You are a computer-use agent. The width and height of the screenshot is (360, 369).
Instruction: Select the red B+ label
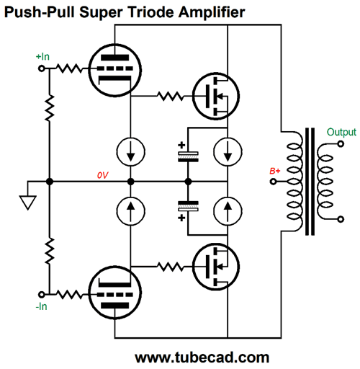tap(274, 171)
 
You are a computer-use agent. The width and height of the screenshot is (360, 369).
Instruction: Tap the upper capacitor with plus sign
tap(187, 155)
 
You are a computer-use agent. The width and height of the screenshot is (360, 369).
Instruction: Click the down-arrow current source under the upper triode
tap(130, 153)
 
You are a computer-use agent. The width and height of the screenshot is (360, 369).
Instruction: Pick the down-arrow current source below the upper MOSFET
tap(228, 153)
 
